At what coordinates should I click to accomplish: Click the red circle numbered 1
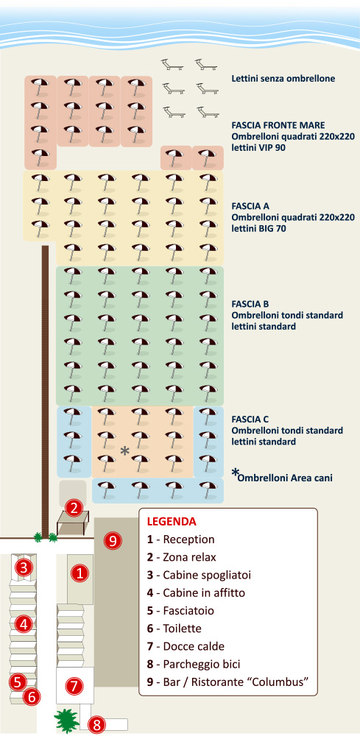point(80,573)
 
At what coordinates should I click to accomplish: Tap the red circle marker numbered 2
point(74,507)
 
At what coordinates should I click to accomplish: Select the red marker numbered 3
point(24,567)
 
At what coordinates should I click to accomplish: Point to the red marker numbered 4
point(24,624)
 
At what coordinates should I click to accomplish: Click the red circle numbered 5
point(18,681)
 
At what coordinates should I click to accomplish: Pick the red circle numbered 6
point(32,696)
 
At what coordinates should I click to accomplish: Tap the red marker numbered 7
point(74,686)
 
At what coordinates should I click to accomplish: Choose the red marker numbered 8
point(96,725)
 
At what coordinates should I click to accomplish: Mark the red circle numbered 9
point(112,541)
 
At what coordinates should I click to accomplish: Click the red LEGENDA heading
point(172,522)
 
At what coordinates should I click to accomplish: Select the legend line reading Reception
point(180,539)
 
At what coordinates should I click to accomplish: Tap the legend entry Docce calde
point(188,646)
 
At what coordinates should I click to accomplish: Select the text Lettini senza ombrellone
point(283,79)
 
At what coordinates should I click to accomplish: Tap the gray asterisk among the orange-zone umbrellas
point(125,450)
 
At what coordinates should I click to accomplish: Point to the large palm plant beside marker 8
point(66,721)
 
